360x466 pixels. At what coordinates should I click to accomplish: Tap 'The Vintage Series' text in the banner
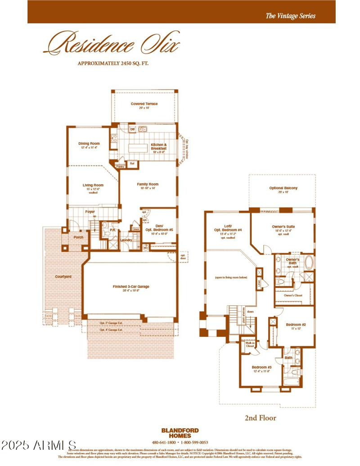click(x=290, y=16)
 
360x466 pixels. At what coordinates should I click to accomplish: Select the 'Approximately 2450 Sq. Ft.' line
click(x=113, y=63)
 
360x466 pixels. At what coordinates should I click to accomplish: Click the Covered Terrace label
click(x=144, y=104)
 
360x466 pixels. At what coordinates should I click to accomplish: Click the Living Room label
click(x=93, y=185)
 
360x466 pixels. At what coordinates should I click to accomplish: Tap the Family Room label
click(x=148, y=184)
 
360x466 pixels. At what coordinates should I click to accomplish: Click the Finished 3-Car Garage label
click(x=131, y=287)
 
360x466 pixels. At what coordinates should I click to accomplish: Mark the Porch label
click(x=79, y=237)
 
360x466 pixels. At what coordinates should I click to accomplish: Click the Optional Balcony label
click(x=283, y=188)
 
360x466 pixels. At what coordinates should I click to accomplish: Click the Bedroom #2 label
click(x=296, y=325)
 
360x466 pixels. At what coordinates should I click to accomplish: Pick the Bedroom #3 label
click(x=261, y=367)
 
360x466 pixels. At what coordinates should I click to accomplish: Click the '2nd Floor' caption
click(x=260, y=418)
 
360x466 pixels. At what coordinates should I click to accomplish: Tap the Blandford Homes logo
click(x=180, y=433)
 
